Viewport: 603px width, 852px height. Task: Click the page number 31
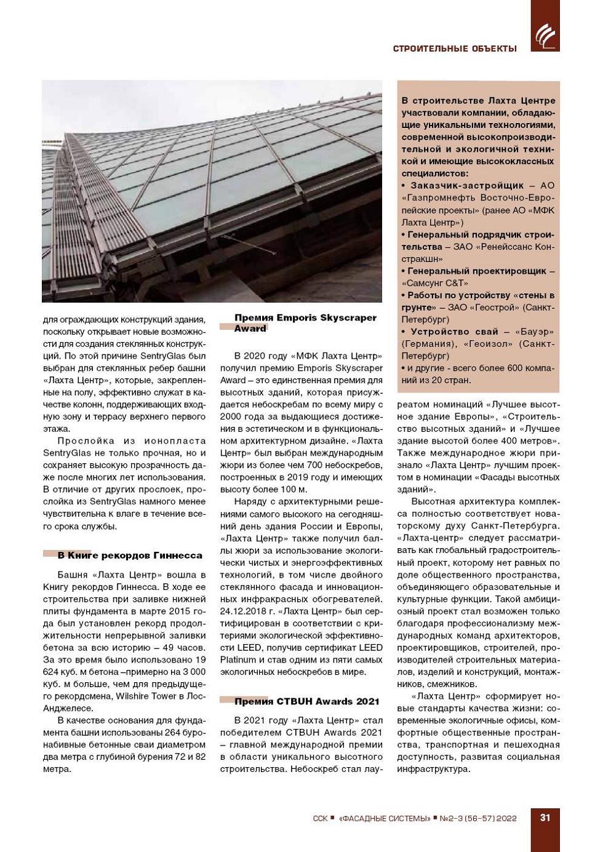(545, 818)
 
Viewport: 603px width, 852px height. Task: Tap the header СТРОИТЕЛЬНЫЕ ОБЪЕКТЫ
(455, 49)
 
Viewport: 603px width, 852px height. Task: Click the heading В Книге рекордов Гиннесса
(130, 555)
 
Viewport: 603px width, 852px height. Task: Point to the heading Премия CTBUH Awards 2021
(306, 701)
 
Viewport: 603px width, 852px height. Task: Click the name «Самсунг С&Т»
(434, 283)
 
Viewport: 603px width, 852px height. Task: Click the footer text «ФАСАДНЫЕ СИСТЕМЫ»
(385, 818)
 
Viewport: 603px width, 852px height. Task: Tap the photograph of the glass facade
(212, 191)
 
